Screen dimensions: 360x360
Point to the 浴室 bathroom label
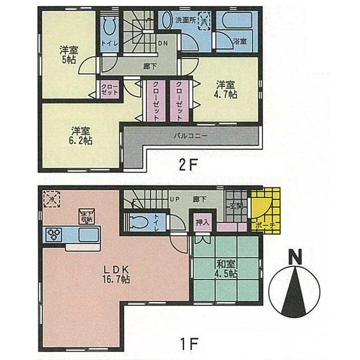point(240,42)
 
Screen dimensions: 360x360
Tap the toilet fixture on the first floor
point(138,220)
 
